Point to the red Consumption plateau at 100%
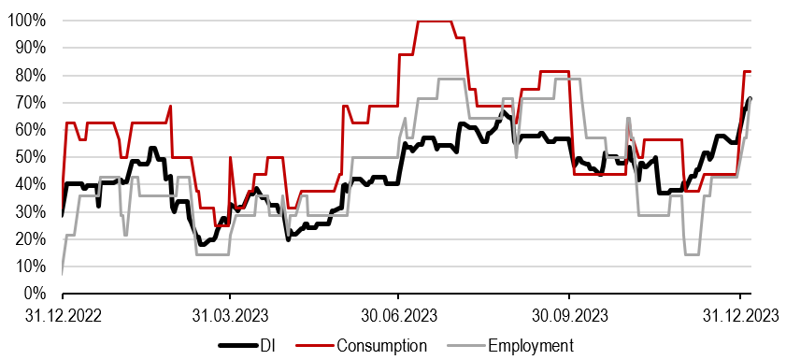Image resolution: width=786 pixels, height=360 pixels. tap(435, 21)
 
